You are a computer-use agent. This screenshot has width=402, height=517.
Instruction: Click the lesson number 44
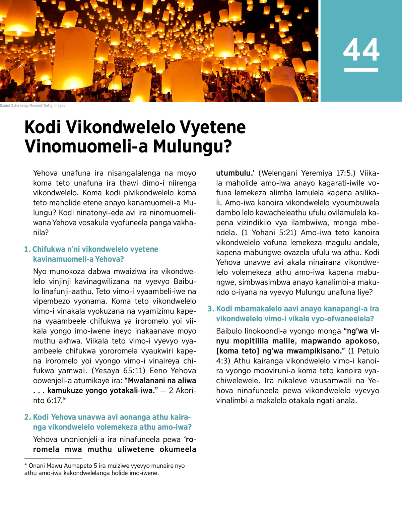coord(361,50)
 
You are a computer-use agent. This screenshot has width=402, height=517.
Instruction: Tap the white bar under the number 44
coord(361,70)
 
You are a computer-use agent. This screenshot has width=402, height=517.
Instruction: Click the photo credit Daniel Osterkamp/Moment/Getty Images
coord(32,106)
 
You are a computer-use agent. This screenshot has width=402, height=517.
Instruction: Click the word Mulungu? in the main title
coord(193,146)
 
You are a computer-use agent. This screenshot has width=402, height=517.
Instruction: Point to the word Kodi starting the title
coord(43,127)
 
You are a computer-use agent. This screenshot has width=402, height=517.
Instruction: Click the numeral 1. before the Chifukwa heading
coord(27,249)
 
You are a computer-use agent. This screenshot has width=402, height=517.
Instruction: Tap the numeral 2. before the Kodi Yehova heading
coord(27,417)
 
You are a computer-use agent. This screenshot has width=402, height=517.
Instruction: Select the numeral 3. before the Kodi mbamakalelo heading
coord(211,309)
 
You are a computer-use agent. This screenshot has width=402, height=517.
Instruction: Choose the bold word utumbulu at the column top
coord(233,173)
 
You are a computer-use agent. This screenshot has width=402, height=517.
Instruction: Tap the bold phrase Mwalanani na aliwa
coord(162,381)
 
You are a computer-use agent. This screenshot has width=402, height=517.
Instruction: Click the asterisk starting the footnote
coord(26,466)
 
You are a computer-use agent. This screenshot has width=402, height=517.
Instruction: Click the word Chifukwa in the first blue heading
coord(49,249)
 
